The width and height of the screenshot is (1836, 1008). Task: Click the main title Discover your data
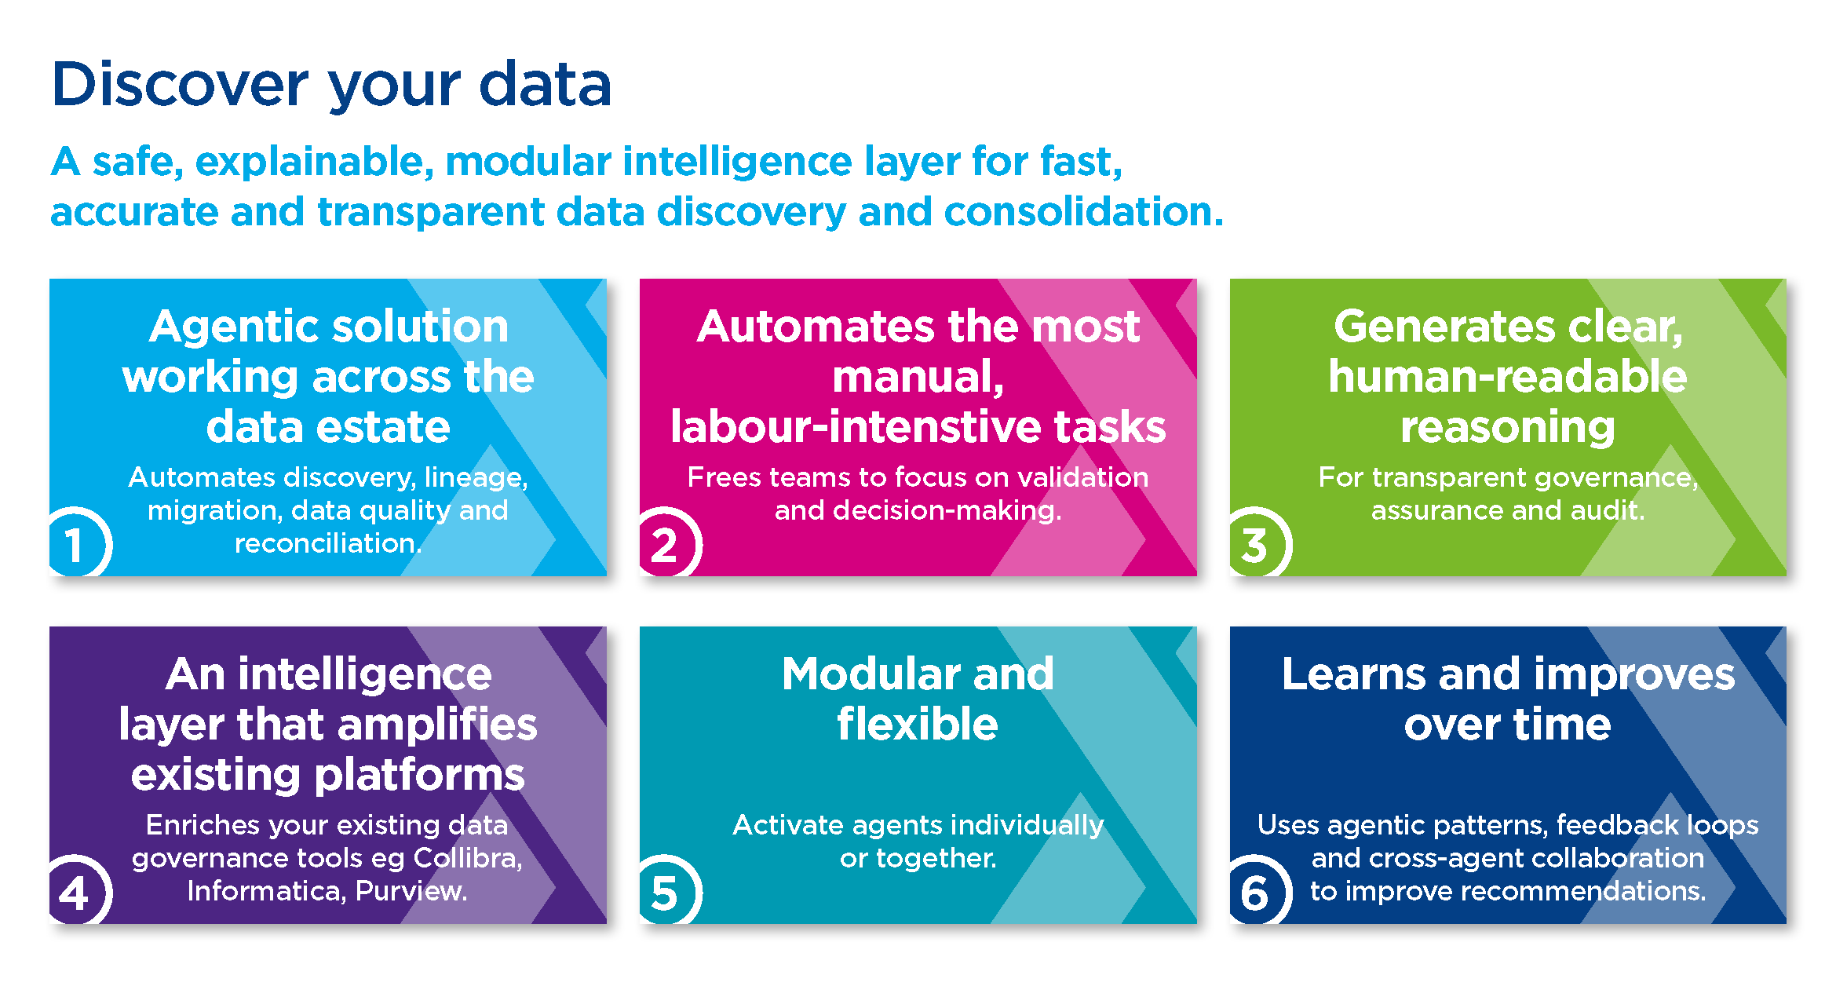tap(330, 85)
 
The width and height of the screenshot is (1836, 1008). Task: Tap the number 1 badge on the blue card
tap(75, 544)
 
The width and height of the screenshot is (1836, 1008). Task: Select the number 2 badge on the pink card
tap(665, 544)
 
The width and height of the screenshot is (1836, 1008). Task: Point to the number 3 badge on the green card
tap(1255, 544)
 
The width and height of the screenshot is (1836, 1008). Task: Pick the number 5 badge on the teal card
tap(665, 893)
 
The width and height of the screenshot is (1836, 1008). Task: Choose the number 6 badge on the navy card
tap(1255, 893)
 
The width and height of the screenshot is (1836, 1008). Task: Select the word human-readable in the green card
tap(1507, 377)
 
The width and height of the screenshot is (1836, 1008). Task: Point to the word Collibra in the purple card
tap(467, 858)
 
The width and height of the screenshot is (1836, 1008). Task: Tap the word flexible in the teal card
tap(918, 724)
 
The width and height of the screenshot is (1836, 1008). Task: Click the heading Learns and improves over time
tap(1507, 699)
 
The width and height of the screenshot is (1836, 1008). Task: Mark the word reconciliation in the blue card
tap(327, 543)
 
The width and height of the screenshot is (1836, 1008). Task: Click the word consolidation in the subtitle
tap(1083, 212)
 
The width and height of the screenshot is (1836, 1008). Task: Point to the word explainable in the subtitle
tap(314, 162)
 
